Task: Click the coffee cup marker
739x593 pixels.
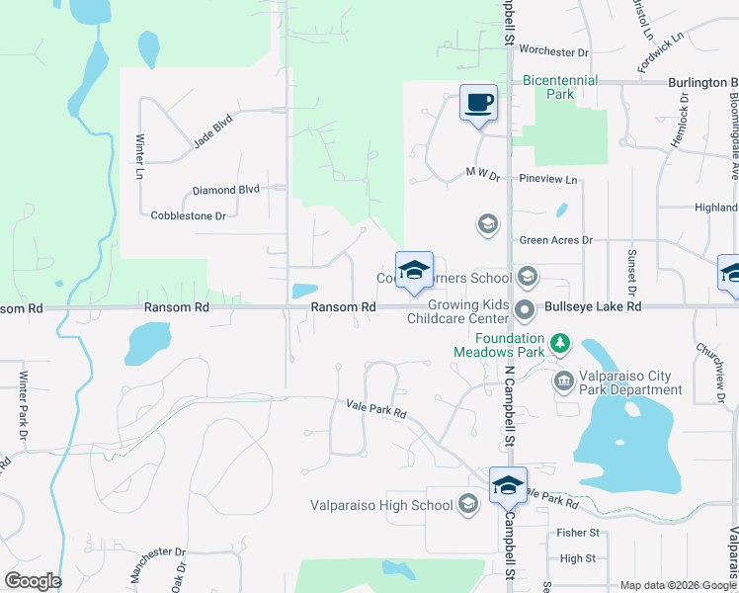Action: (x=478, y=103)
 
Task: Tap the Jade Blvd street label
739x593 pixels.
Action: (x=212, y=132)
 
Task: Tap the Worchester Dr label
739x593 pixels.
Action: (x=553, y=50)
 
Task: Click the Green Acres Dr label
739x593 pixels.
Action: (x=555, y=240)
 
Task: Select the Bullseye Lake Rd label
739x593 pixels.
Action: (x=593, y=307)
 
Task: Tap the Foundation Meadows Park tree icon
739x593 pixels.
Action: (x=561, y=343)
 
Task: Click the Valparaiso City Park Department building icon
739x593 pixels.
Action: (x=564, y=380)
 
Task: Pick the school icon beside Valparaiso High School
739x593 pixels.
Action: (x=467, y=505)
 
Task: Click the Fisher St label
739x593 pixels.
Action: (x=579, y=533)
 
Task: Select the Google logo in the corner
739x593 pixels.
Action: (x=33, y=581)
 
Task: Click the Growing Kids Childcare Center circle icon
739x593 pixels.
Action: (x=528, y=307)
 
